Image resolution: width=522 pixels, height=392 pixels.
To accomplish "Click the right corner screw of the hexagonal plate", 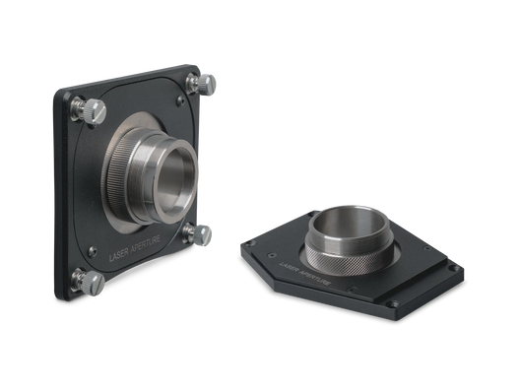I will tap(454, 267).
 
